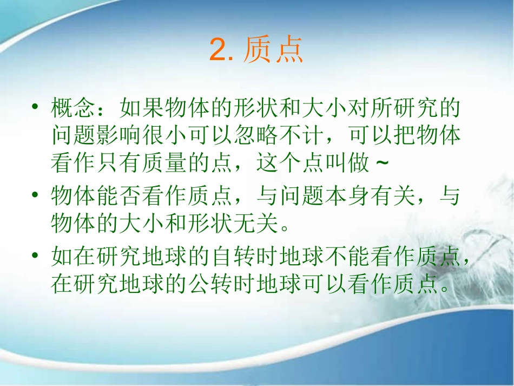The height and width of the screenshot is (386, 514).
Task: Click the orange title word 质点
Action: click(x=273, y=51)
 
